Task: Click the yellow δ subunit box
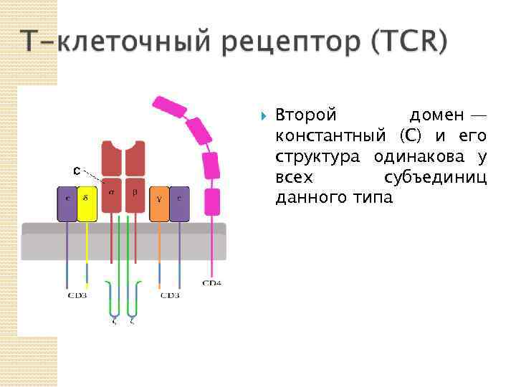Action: (87, 204)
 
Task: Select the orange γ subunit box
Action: (159, 204)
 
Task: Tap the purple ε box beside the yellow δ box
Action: (67, 204)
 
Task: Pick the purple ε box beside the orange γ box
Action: (179, 204)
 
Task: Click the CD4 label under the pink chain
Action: (211, 283)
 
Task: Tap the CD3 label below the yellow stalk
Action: (77, 295)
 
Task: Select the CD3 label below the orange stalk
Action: (170, 295)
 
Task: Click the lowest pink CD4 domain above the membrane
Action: (212, 202)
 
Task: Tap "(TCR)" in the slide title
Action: (409, 42)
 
